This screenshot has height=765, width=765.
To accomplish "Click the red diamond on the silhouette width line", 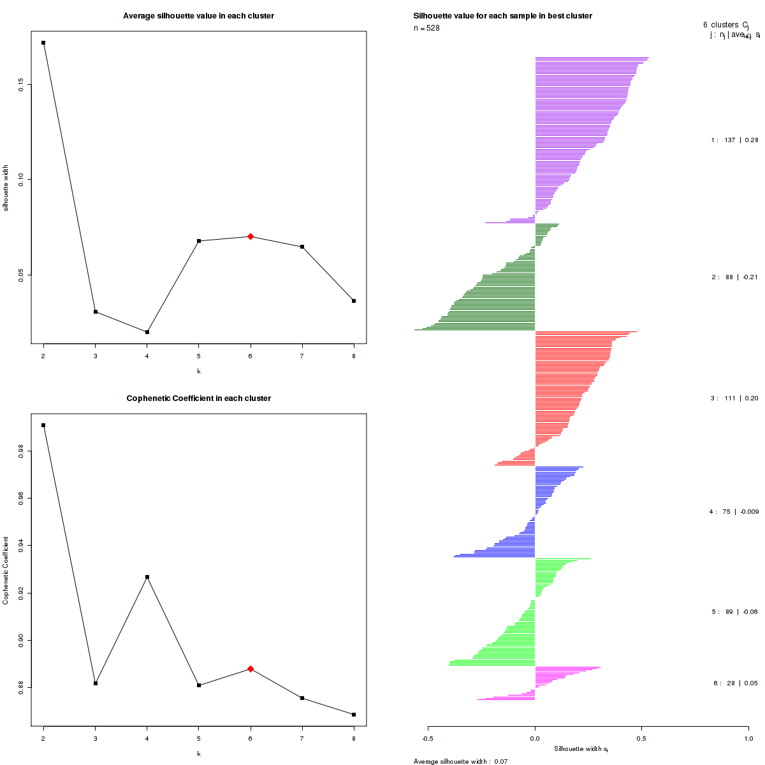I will [251, 237].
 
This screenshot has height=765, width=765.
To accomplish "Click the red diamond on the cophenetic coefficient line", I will [251, 669].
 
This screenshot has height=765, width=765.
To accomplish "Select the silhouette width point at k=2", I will [43, 43].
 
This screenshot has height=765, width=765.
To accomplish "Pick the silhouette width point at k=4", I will [147, 332].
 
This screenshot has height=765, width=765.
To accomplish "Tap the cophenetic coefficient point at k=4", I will [147, 577].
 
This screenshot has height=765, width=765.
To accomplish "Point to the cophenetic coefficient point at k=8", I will [354, 715].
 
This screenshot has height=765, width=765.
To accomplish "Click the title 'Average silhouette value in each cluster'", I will [198, 16].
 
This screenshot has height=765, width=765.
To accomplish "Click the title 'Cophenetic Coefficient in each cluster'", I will [198, 398].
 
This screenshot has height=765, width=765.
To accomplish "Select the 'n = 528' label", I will [426, 28].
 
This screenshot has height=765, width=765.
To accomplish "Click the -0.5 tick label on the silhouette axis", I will [428, 738].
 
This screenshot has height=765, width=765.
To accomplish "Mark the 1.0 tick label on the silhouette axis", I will [748, 738].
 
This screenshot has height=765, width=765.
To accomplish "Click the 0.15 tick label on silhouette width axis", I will [22, 84].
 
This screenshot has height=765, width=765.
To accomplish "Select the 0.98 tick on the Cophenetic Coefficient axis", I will [22, 452].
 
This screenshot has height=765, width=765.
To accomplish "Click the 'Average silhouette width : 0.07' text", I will [460, 761].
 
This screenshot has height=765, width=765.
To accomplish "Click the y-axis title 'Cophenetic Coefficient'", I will [6, 570].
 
